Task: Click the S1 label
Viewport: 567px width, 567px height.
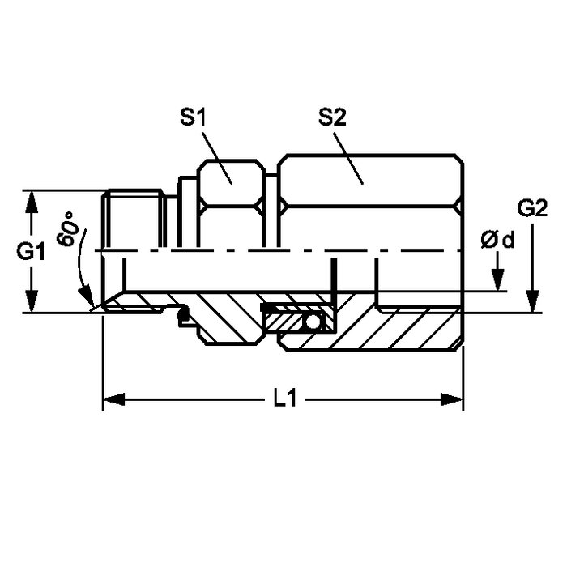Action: [x=193, y=117]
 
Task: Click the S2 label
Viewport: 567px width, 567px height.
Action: [x=332, y=117]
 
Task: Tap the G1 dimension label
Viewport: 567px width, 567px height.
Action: [x=31, y=251]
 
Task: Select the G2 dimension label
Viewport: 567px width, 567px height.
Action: [x=532, y=209]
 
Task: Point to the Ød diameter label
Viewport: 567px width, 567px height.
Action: [x=497, y=240]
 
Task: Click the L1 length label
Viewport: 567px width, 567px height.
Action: [x=284, y=399]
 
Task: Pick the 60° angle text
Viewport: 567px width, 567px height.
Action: [x=69, y=229]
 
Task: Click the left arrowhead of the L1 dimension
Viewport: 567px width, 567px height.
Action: [x=114, y=400]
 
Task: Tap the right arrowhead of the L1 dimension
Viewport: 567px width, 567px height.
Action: [x=452, y=400]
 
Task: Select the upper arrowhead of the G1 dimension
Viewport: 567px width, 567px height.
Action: [x=32, y=202]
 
